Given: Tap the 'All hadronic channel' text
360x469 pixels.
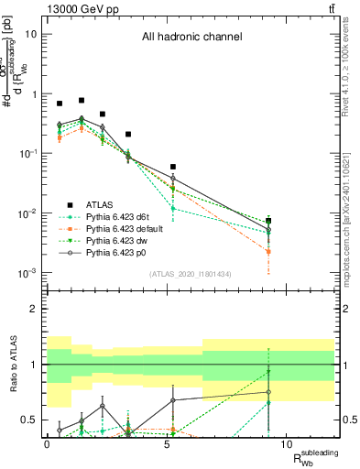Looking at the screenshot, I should [x=191, y=38].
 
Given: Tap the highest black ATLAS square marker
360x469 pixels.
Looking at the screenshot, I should [x=82, y=100].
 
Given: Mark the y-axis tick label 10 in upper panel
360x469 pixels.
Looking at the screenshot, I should [x=30, y=35].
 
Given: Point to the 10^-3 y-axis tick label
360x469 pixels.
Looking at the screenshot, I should [x=27, y=273].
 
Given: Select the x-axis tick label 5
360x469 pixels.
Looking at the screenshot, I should [x=167, y=444].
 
